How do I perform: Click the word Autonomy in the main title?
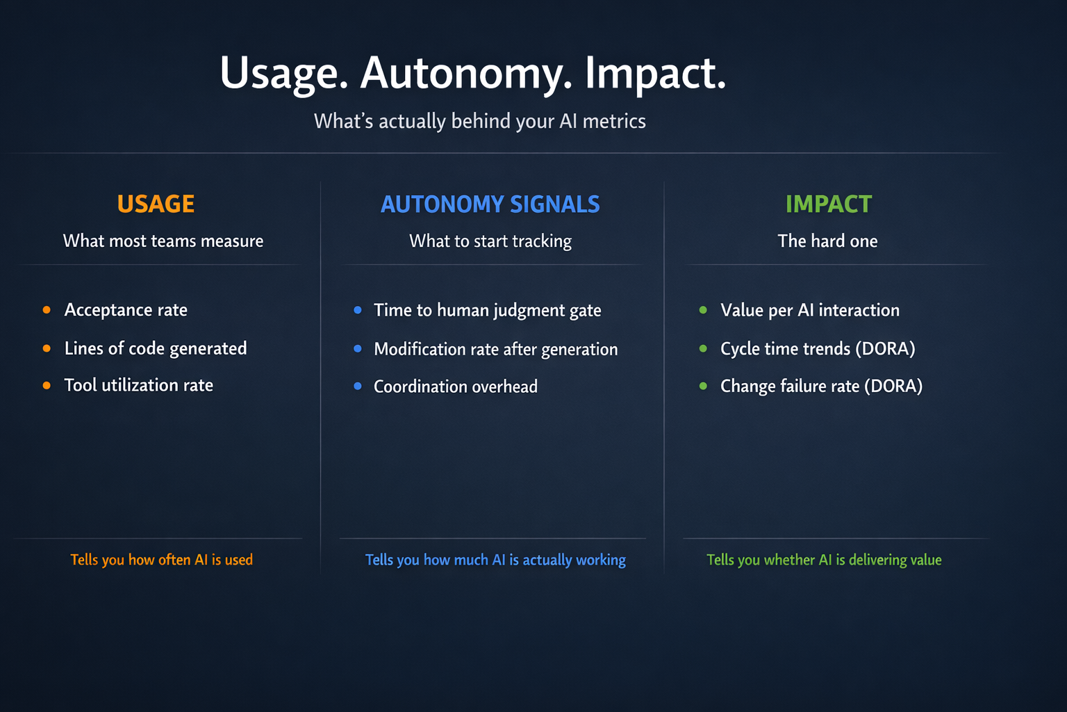465,73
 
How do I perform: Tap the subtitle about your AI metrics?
480,121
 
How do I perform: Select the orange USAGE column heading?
156,204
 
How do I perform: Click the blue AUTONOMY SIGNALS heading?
490,204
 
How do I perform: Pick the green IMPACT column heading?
828,204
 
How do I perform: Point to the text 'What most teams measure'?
163,241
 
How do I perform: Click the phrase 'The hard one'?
827,241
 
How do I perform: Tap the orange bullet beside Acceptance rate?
47,310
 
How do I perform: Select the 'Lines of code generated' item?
156,348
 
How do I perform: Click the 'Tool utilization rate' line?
139,385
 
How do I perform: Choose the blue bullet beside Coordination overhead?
358,386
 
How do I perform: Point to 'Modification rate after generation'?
495,349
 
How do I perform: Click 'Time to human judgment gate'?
487,310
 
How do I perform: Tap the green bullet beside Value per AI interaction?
703,310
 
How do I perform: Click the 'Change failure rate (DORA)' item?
821,386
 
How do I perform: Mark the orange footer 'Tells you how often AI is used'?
161,560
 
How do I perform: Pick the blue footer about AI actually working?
495,560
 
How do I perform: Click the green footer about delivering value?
824,560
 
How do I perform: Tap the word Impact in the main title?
655,73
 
